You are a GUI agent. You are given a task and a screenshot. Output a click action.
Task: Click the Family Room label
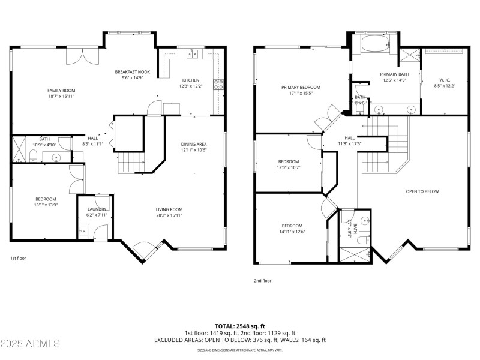point(61,90)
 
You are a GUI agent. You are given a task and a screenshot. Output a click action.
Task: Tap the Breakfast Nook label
point(132,72)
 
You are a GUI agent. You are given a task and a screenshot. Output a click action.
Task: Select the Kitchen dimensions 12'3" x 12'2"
point(191,86)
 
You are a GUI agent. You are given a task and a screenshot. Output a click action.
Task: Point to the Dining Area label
point(194,144)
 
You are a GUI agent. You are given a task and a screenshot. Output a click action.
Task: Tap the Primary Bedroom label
point(301,87)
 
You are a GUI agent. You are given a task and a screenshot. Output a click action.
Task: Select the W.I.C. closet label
point(445,80)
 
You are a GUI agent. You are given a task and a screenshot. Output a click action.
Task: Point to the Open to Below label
point(422,191)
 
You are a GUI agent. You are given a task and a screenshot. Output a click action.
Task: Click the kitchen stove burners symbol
point(219,85)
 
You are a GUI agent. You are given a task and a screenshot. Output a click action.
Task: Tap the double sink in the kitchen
point(193,54)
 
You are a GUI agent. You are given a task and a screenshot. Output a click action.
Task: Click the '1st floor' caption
point(19,258)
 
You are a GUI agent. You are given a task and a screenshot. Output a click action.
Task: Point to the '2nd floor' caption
point(262,280)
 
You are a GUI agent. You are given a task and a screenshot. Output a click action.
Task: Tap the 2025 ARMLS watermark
point(30,343)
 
